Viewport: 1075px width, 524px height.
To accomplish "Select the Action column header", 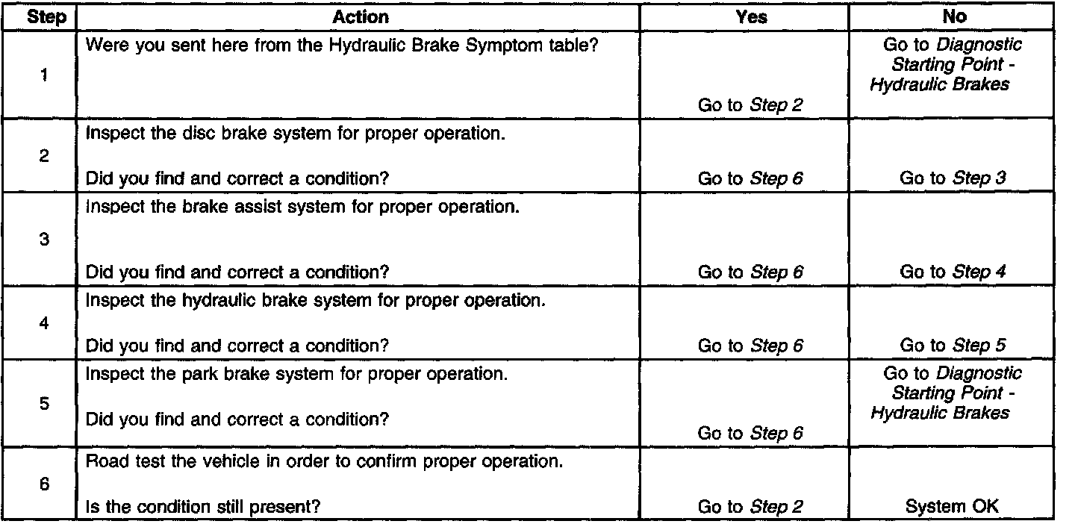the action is [360, 16].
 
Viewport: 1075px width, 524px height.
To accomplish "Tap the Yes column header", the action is [750, 16].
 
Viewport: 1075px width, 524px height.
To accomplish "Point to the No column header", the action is [953, 16].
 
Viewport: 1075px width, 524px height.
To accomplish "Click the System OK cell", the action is [952, 507].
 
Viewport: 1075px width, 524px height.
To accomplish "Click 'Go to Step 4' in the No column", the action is [953, 272].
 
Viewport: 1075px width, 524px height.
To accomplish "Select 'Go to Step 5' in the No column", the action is [953, 346].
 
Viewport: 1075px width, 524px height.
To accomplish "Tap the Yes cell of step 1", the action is [750, 105].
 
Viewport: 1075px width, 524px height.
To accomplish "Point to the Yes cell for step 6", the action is [750, 507].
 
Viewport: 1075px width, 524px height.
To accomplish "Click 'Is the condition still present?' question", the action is [204, 507].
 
